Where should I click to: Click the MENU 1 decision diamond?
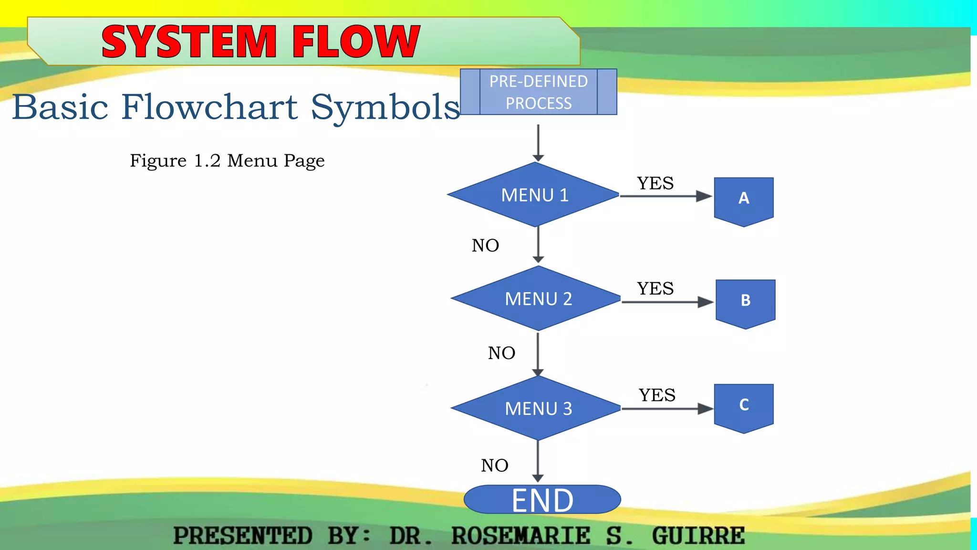(x=534, y=195)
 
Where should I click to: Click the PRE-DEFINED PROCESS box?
(x=538, y=92)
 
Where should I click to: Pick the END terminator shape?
(x=542, y=500)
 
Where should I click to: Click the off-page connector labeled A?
(x=743, y=200)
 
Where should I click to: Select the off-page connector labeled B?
(x=745, y=302)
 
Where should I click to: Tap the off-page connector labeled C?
(x=743, y=406)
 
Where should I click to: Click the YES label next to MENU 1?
(x=655, y=183)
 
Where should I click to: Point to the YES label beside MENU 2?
(x=655, y=288)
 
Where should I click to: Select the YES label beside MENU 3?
(x=657, y=395)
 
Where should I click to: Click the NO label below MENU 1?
(x=485, y=245)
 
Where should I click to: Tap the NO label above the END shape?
(x=494, y=465)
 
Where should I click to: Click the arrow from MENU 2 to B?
(x=666, y=302)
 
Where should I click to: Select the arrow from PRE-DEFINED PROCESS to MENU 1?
(x=538, y=142)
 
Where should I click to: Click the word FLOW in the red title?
(x=356, y=42)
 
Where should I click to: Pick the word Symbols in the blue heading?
(x=385, y=107)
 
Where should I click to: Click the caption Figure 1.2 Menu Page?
(x=227, y=161)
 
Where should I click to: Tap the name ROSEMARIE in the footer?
(x=520, y=536)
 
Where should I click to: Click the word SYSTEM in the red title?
(x=189, y=42)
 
